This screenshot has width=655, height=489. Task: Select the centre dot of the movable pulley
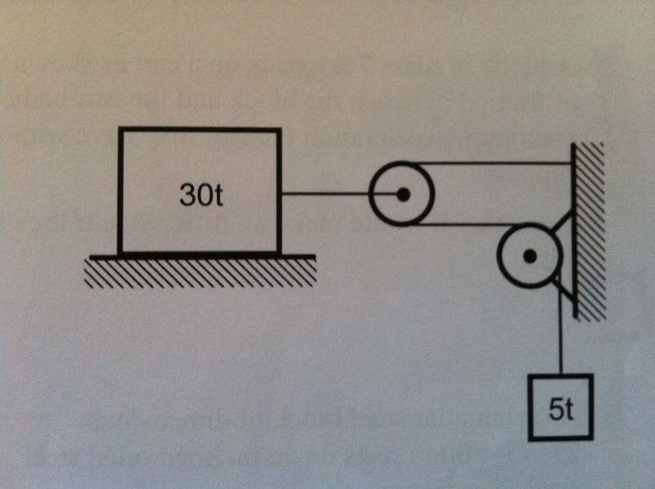403,195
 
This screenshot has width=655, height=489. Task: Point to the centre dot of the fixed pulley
530,256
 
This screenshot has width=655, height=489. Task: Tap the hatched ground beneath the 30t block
201,271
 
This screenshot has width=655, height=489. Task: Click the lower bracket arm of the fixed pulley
564,286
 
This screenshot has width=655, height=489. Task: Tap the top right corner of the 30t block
280,130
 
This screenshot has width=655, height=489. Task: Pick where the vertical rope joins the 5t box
561,374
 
